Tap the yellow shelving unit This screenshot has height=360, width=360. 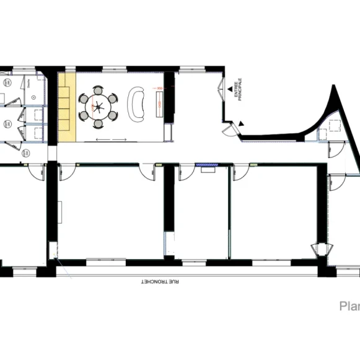67,106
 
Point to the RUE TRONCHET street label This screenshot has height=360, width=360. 160,281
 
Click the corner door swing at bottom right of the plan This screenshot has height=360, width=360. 322,250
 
